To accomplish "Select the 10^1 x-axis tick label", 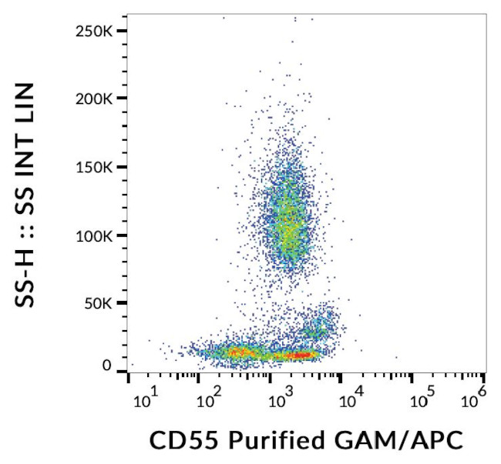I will point(145,399).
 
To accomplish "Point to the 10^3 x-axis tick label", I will point(282,399).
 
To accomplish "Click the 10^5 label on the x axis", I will point(422,399).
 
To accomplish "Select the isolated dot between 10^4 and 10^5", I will point(396,357).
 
